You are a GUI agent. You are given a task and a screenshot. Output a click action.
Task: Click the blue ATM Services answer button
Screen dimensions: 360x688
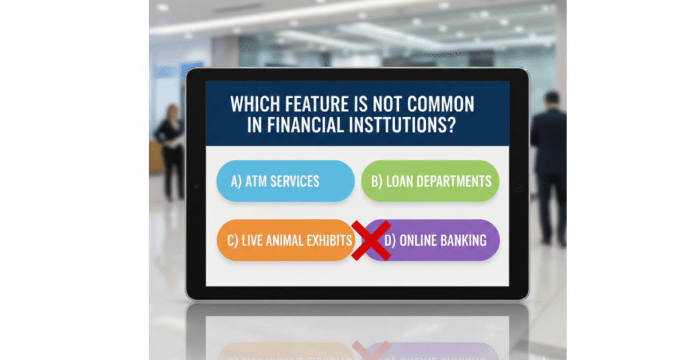click(x=285, y=181)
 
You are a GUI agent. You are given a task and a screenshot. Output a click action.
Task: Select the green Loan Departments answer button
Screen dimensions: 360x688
click(x=430, y=181)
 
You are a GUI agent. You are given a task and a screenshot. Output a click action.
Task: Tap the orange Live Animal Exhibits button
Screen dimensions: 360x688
click(x=285, y=240)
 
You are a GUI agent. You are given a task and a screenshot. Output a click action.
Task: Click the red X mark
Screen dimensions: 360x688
click(x=371, y=240)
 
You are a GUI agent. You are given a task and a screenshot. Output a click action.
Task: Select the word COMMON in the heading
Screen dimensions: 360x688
click(x=442, y=104)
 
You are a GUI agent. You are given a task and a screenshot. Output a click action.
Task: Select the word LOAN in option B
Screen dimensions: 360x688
click(x=401, y=181)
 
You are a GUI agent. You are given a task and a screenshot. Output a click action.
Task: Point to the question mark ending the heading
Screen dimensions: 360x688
click(x=450, y=126)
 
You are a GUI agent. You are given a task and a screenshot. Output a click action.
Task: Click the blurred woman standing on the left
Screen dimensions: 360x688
click(x=170, y=151)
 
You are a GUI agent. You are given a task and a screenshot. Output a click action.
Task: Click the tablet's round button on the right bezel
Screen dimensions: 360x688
click(x=519, y=187)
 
